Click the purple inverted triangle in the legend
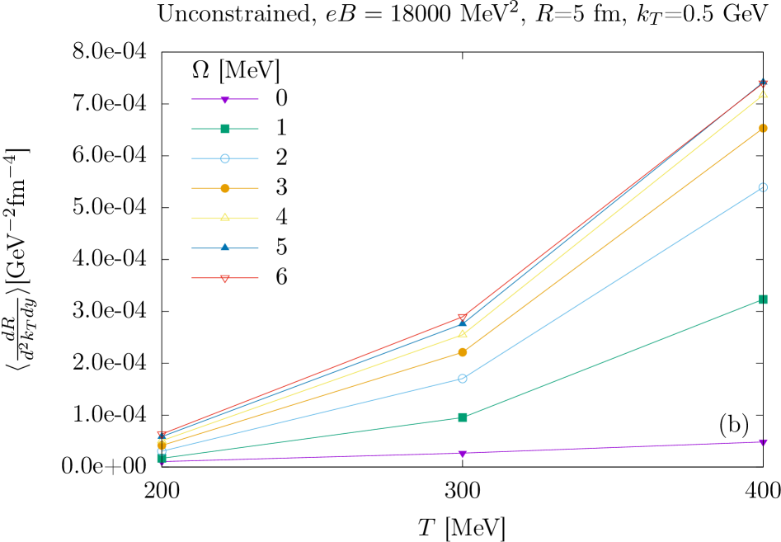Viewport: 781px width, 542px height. (x=224, y=100)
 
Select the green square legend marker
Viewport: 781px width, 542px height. (x=224, y=129)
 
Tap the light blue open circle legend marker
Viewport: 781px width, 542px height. (x=224, y=158)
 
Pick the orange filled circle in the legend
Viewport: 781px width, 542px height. (x=224, y=188)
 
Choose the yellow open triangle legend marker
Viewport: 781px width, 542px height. (x=224, y=218)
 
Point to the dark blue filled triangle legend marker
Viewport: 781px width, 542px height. (x=224, y=247)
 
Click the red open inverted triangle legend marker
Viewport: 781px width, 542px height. (x=224, y=279)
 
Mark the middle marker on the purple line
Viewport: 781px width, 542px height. (x=463, y=454)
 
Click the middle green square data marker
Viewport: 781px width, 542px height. (x=463, y=417)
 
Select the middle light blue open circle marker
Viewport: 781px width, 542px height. (x=463, y=379)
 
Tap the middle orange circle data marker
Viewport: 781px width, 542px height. (x=463, y=352)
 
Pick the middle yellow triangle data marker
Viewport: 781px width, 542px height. (x=463, y=333)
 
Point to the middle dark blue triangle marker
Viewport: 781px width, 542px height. (x=463, y=323)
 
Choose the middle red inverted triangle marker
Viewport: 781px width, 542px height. (x=463, y=318)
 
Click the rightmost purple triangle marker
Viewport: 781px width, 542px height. (x=763, y=442)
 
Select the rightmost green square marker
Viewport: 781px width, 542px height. (x=763, y=299)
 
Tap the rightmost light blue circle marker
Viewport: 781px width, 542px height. (x=763, y=187)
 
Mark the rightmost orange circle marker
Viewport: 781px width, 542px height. (x=763, y=128)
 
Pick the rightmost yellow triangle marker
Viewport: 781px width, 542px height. (x=763, y=94)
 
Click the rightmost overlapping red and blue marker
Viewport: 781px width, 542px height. (x=763, y=82)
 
